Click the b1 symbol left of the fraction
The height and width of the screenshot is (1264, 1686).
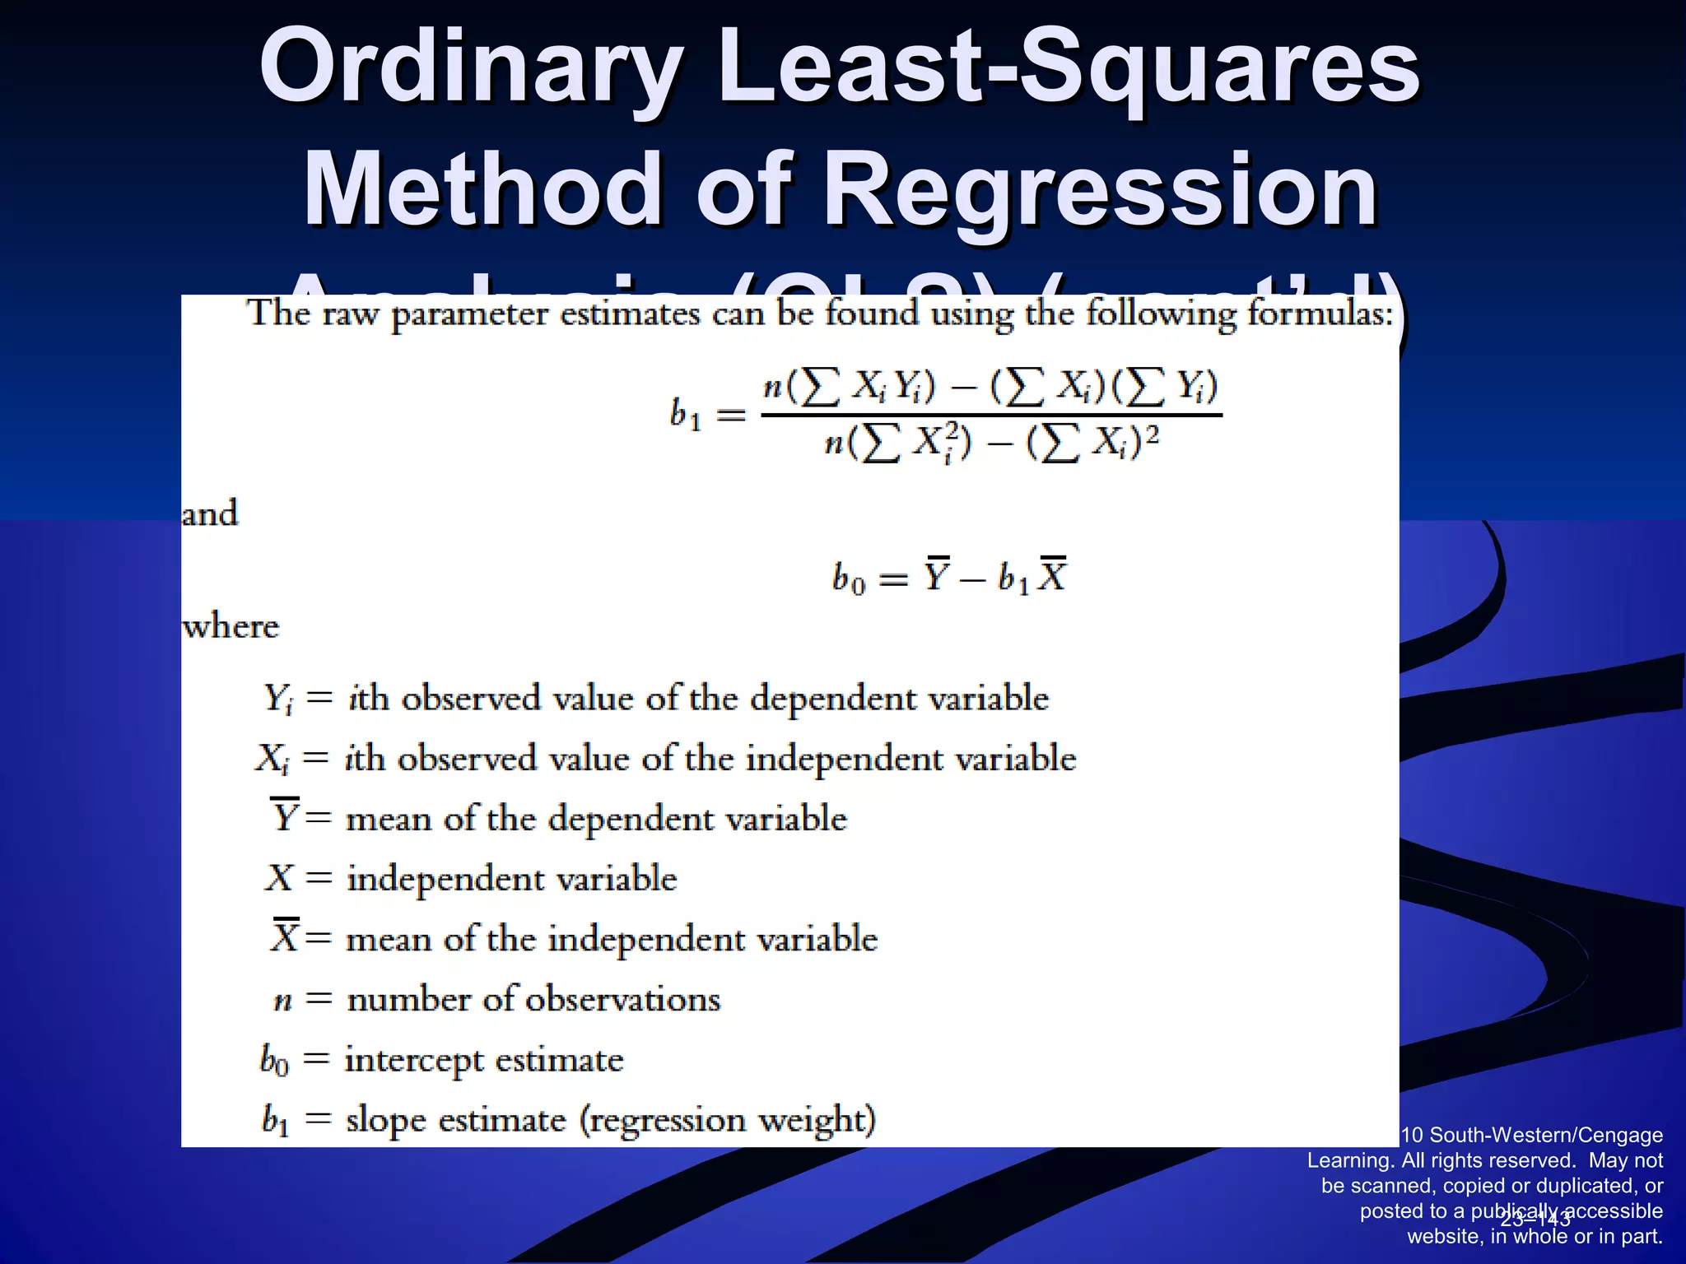685,414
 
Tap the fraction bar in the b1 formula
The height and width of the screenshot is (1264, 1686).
991,415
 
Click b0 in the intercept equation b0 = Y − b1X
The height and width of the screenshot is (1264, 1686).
848,578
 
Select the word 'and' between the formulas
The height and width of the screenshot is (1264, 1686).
210,513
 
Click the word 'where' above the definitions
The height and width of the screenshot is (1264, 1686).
231,626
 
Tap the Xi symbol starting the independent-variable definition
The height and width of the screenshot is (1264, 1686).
272,759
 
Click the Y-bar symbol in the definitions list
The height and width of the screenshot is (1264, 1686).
285,816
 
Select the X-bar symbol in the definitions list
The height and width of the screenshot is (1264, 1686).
285,936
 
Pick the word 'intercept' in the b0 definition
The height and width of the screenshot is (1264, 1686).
413,1060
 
